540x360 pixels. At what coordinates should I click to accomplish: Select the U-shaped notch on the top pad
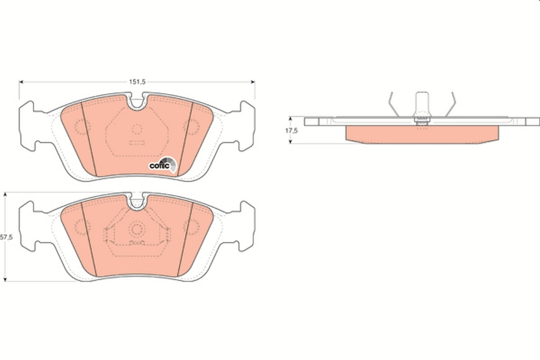pos(137,103)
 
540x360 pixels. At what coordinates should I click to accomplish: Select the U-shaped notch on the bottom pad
pos(137,202)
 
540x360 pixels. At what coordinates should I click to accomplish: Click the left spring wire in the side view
pos(393,103)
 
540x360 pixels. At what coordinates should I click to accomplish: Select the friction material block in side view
pos(422,134)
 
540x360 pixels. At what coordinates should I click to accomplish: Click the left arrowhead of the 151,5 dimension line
pos(21,82)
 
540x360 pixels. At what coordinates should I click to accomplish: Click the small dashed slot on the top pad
pos(137,144)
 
